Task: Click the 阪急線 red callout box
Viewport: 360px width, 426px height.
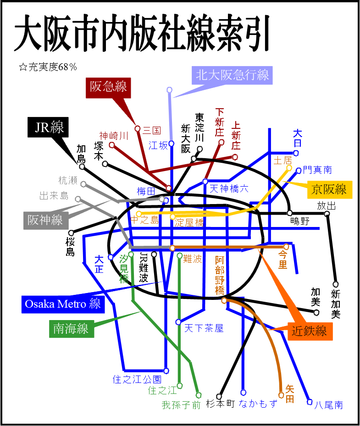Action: pyautogui.click(x=108, y=87)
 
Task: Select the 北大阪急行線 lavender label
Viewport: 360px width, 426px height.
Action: pyautogui.click(x=232, y=75)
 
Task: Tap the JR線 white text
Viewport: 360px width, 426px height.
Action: pyautogui.click(x=50, y=127)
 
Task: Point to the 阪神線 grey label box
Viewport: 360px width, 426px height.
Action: pyautogui.click(x=45, y=220)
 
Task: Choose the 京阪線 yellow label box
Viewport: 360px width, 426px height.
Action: pyautogui.click(x=330, y=189)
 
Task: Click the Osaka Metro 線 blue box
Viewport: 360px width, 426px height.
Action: pyautogui.click(x=63, y=304)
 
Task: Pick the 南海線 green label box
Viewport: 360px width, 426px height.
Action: pyautogui.click(x=71, y=329)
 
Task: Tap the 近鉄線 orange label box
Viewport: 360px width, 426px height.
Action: pyautogui.click(x=310, y=331)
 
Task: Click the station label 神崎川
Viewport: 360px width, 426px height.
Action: pyautogui.click(x=113, y=136)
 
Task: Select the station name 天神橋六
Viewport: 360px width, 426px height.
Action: pyautogui.click(x=229, y=188)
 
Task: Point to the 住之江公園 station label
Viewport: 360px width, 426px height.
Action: pyautogui.click(x=137, y=379)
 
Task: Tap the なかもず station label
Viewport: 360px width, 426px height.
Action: pyautogui.click(x=258, y=404)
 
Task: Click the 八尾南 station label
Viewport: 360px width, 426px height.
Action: pyautogui.click(x=328, y=405)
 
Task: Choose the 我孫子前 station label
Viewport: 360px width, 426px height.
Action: pyautogui.click(x=181, y=405)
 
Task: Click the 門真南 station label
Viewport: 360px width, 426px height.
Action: pyautogui.click(x=317, y=170)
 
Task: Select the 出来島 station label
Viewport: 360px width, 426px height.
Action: pyautogui.click(x=54, y=196)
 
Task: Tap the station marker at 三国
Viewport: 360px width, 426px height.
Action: pyautogui.click(x=137, y=129)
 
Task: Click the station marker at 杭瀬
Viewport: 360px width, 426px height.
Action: pyautogui.click(x=83, y=184)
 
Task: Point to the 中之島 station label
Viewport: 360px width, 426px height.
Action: pyautogui.click(x=144, y=221)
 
